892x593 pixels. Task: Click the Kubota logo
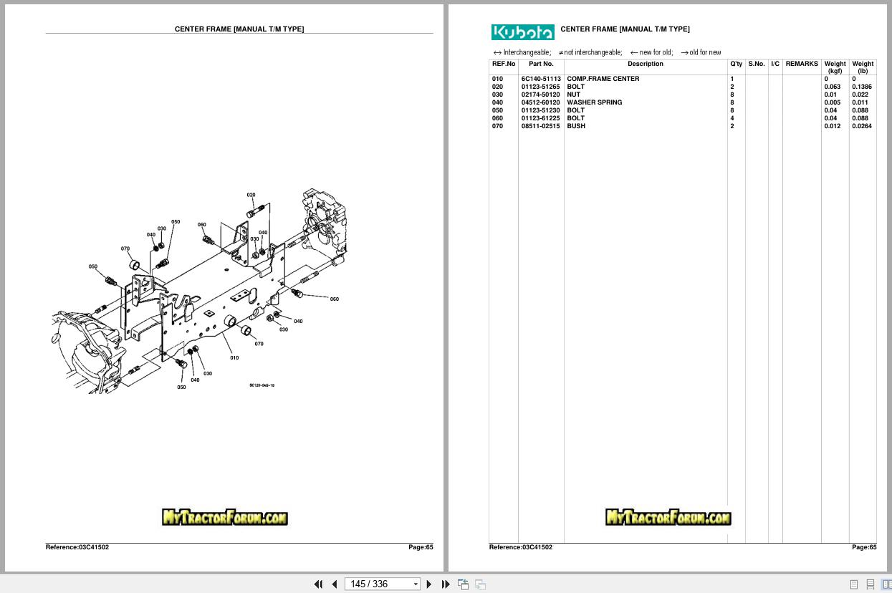522,32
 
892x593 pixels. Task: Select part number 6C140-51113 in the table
541,79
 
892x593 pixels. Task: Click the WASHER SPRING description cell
594,102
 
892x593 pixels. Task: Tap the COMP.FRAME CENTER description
603,79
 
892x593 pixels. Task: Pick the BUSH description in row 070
576,126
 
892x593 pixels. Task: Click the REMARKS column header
801,64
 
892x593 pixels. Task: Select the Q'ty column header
736,64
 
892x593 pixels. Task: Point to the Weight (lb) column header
863,67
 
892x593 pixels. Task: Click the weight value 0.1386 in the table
861,87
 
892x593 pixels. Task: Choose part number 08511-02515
541,126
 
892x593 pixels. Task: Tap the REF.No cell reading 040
497,102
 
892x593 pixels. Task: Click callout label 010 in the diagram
234,357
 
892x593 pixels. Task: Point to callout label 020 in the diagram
251,195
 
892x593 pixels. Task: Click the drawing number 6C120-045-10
262,385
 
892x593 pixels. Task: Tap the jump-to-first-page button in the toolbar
318,584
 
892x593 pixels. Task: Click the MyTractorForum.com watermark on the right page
668,517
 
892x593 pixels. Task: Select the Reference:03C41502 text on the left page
77,547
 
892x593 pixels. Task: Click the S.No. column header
756,64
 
